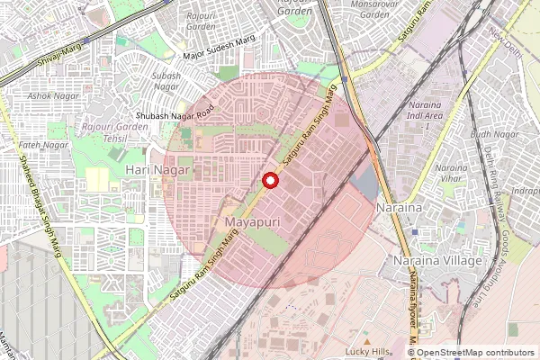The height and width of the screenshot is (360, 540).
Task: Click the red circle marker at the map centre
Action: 269,180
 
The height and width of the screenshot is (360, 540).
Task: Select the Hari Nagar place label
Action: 158,169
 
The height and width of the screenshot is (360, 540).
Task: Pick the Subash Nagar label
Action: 166,81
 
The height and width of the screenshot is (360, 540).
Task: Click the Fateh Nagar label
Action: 44,145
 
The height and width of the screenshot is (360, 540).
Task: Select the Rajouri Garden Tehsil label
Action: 115,133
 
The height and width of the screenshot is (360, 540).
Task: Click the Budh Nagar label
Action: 494,134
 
